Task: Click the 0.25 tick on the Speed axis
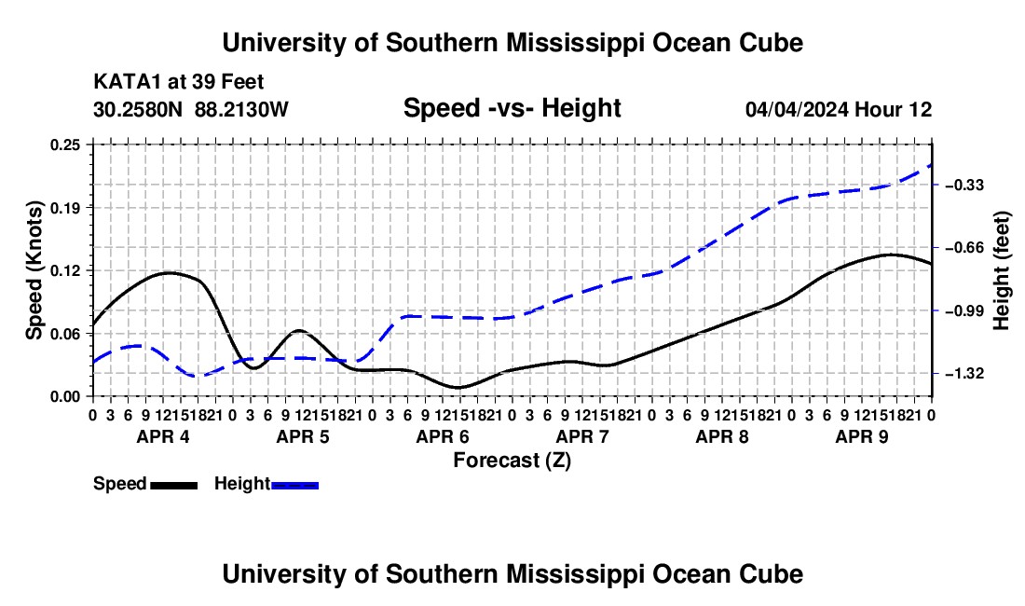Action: pyautogui.click(x=65, y=145)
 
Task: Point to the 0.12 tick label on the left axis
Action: pyautogui.click(x=65, y=270)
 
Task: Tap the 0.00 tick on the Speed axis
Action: pyautogui.click(x=65, y=397)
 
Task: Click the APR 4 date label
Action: pyautogui.click(x=163, y=436)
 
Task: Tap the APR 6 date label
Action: pyautogui.click(x=443, y=436)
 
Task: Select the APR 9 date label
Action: pyautogui.click(x=862, y=436)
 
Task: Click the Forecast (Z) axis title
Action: pyautogui.click(x=512, y=461)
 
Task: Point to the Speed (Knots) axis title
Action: pyautogui.click(x=34, y=270)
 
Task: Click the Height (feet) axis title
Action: pyautogui.click(x=1002, y=270)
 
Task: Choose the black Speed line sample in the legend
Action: pyautogui.click(x=174, y=486)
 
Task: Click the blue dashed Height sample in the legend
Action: pyautogui.click(x=294, y=486)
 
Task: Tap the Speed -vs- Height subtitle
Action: pyautogui.click(x=512, y=108)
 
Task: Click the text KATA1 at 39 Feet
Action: pyautogui.click(x=179, y=82)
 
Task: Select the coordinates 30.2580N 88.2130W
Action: pyautogui.click(x=190, y=109)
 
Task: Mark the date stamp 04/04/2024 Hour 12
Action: pyautogui.click(x=839, y=109)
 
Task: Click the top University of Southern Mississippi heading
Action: pyautogui.click(x=512, y=43)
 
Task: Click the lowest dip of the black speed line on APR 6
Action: pyautogui.click(x=458, y=388)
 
